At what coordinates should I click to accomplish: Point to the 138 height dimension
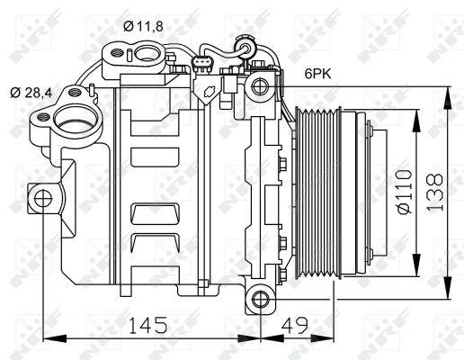click(x=435, y=193)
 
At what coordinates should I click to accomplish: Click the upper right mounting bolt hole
click(x=261, y=87)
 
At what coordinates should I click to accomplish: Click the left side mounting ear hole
click(x=40, y=197)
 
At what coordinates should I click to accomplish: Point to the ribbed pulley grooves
click(x=316, y=193)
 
